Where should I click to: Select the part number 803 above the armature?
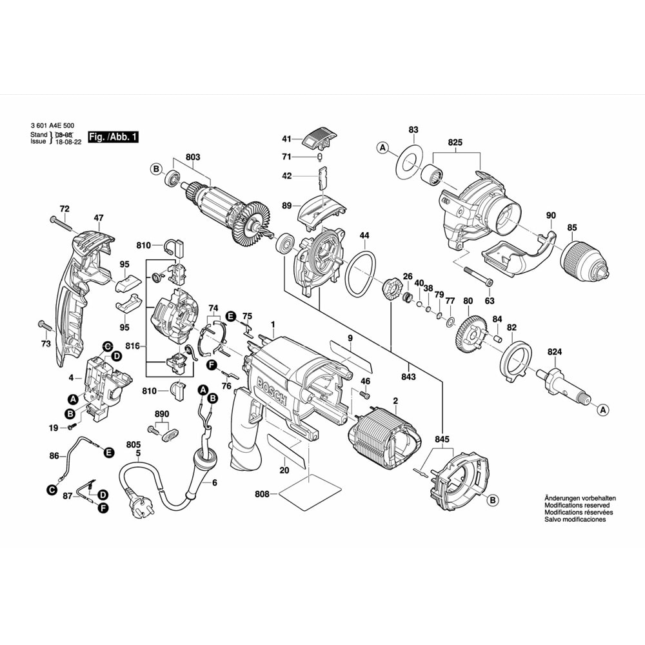point(193,157)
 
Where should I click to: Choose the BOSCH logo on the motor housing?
point(273,391)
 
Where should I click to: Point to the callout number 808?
point(262,495)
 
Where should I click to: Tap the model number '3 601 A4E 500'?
point(52,126)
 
